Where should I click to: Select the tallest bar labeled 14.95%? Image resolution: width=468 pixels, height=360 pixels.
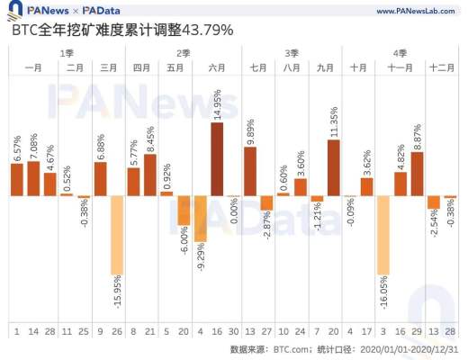[x=218, y=158]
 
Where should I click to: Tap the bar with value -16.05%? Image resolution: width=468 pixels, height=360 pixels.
[x=383, y=234]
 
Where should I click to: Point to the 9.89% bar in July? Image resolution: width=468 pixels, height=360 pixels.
[x=250, y=171]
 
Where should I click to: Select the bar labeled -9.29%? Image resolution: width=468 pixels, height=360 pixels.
[x=201, y=218]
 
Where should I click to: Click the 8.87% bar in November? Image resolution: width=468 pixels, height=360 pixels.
[x=417, y=174]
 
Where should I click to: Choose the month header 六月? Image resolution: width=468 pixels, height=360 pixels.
[x=217, y=67]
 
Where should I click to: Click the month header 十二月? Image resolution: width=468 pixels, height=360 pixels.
[x=441, y=67]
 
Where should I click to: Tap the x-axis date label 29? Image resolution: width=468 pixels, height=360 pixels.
[x=417, y=332]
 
